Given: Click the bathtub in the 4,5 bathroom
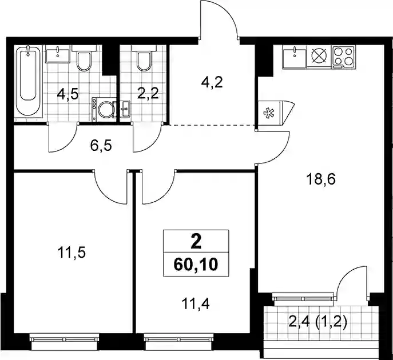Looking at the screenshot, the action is (x=28, y=81).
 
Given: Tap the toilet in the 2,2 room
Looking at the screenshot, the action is (x=144, y=58).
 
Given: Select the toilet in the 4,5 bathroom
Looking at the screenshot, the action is (x=84, y=58).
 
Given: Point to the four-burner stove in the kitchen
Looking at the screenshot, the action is (x=343, y=57).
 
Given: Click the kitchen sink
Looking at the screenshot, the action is (x=295, y=57).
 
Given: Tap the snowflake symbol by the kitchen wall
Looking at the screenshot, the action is (x=268, y=113).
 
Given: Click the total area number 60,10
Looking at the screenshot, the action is (x=196, y=265).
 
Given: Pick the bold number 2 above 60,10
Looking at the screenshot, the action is (x=196, y=242).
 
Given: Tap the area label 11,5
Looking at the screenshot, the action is (x=72, y=253).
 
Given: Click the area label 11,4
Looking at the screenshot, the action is (x=196, y=304).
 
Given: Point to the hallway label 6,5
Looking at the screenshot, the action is (x=101, y=146).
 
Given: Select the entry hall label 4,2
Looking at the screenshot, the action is (x=212, y=82).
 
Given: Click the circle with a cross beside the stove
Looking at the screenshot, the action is (x=319, y=55).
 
